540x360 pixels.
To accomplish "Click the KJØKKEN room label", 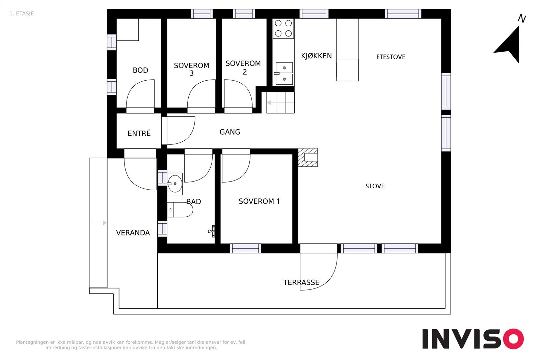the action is [316, 56].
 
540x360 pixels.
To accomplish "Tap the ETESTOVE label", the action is [390, 57].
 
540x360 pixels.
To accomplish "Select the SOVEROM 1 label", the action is [259, 201].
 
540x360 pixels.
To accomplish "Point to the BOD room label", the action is [140, 70].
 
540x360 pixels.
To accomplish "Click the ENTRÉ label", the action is [139, 133].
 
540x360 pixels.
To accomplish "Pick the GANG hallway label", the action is [230, 132].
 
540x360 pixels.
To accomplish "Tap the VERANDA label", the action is [133, 233].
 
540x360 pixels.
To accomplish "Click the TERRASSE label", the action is [301, 282].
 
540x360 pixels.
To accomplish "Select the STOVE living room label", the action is [375, 186].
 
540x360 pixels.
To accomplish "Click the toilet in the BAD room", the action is [180, 210].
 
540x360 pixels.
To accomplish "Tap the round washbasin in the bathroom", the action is [175, 184].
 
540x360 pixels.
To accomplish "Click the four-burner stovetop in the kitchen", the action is [283, 28].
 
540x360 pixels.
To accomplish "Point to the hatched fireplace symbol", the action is [308, 157].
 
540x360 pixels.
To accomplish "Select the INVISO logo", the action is [473, 338].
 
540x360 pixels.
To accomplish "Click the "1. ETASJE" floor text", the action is [22, 13].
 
